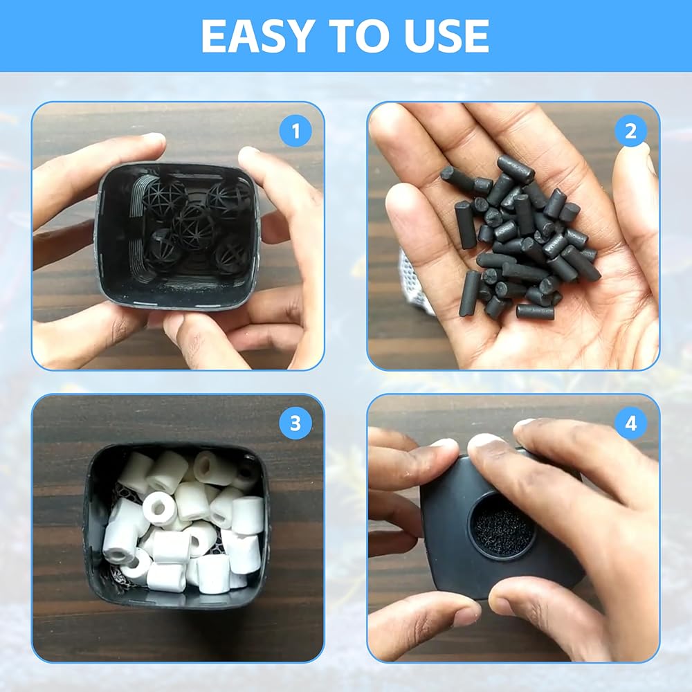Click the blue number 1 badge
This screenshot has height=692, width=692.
click(x=295, y=131)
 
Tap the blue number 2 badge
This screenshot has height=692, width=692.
click(x=630, y=131)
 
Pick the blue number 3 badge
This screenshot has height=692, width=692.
click(x=295, y=424)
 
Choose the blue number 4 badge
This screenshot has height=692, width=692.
click(x=630, y=424)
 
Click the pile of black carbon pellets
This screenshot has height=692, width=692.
click(x=521, y=237)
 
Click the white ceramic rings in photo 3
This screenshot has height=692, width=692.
click(x=183, y=521)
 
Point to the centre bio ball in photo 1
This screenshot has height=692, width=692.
click(x=194, y=224)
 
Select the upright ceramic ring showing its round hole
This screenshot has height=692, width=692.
click(x=160, y=510)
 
